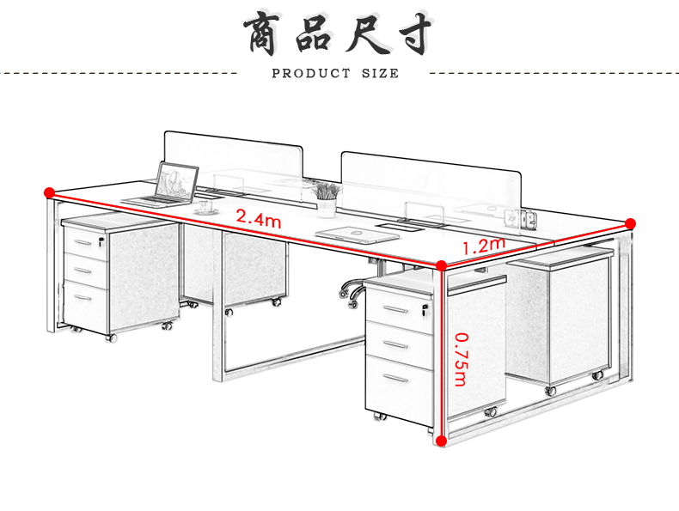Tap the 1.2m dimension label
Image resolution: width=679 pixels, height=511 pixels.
coord(482,247)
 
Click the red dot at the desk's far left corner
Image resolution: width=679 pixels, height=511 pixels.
coord(49,192)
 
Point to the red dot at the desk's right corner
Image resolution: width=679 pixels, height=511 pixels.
coord(630,223)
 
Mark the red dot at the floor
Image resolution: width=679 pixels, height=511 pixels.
coord(441,441)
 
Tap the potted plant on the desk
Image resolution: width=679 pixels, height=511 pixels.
coord(327,198)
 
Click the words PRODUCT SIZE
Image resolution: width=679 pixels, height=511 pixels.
coord(335,74)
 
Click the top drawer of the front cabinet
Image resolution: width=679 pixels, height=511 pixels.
coord(398,308)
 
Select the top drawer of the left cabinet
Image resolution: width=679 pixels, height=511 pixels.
coord(84,242)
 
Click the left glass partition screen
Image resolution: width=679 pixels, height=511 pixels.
coord(233,158)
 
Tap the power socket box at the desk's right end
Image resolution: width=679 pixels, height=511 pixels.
coord(528,219)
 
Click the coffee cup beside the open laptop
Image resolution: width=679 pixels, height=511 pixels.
coord(207,205)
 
